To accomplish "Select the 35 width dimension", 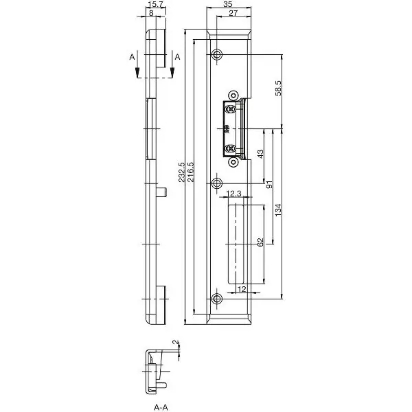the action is (x=228, y=4).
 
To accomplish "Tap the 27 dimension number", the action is (x=233, y=13).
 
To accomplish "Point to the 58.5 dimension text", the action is (x=278, y=88).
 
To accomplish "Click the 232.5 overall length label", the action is (x=181, y=172).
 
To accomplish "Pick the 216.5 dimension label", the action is (x=190, y=172).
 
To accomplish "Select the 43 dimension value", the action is (x=260, y=154).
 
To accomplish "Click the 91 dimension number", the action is (x=269, y=185).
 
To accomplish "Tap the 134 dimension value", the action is (x=278, y=210).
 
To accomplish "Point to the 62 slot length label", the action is (x=260, y=242).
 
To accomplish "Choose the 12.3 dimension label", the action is (x=233, y=194).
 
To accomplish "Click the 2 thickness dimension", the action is (x=176, y=343).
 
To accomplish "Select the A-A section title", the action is (x=161, y=407).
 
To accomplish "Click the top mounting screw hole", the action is (x=217, y=55).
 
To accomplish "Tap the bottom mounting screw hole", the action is (x=217, y=299).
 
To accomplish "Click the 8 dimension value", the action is (x=151, y=13).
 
